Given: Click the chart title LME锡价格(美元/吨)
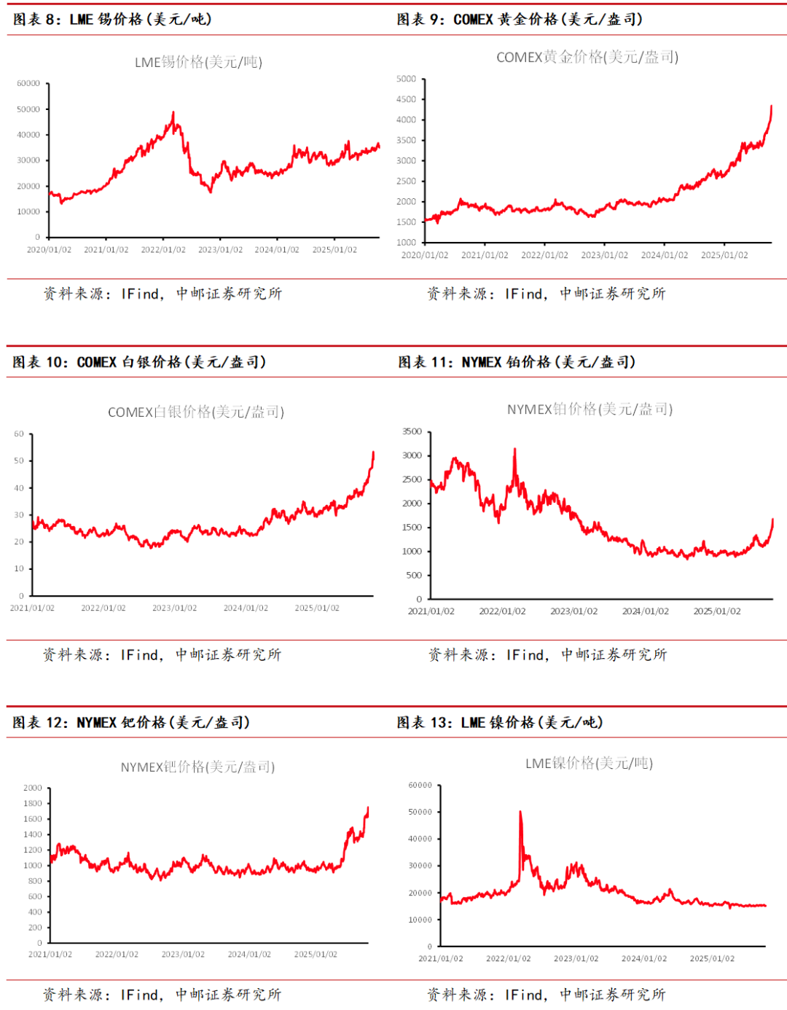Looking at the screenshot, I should coord(198,62).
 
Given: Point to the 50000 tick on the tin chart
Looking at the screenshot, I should coord(28,109).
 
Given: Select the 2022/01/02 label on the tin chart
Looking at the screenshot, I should coord(163,250).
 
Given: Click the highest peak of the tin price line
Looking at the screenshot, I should coord(173,113).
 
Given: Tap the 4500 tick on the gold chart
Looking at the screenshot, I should coord(406,99).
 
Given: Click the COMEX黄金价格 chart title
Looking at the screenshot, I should coord(587,57).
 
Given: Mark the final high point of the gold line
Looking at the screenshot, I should coord(771,106).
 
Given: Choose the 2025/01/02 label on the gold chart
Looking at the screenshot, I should coord(724,255).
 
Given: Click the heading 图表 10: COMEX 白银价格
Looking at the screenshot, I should coord(139,362).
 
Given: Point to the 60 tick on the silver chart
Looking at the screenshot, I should coord(19,434).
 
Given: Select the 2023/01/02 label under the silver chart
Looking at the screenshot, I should coord(174,608).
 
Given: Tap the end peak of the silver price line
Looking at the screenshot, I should coord(373,453).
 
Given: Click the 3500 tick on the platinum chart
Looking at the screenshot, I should coord(412,432).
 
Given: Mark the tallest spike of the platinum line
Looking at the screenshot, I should coord(515,450).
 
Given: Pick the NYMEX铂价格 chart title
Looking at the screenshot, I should coord(590,410).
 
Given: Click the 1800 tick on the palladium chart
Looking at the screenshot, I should coord(33,804).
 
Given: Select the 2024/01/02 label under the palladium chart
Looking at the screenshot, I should coord(249,954).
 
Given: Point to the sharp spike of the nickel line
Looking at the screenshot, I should coord(520,812).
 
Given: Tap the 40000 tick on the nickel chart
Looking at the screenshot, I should coord(420,839).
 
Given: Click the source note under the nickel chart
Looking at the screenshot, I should coord(547,995).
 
